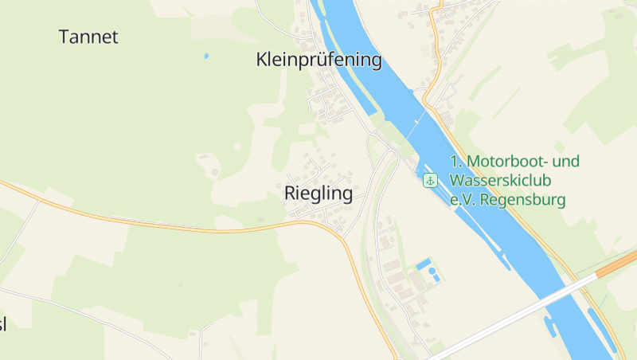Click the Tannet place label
pyautogui.click(x=88, y=37)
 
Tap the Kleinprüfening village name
pyautogui.click(x=318, y=60)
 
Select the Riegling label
pyautogui.click(x=318, y=194)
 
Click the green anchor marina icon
pyautogui.click(x=430, y=181)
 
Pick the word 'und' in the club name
pyautogui.click(x=566, y=162)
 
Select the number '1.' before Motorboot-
pyautogui.click(x=455, y=162)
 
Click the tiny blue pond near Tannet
pyautogui.click(x=206, y=57)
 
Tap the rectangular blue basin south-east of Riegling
pyautogui.click(x=422, y=264)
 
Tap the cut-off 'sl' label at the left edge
pyautogui.click(x=3, y=324)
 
